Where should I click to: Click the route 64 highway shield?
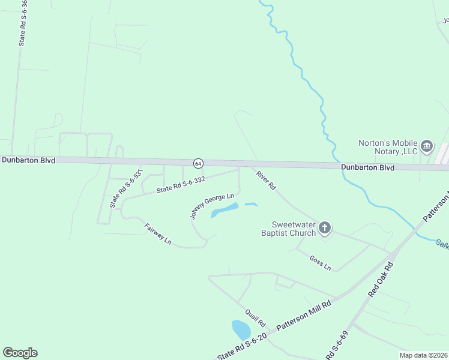pyautogui.click(x=198, y=163)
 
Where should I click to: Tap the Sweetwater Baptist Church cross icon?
pyautogui.click(x=325, y=227)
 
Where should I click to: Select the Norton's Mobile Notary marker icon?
pyautogui.click(x=427, y=146)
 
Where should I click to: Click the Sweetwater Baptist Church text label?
pyautogui.click(x=289, y=229)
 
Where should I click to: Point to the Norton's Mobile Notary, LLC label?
pyautogui.click(x=388, y=147)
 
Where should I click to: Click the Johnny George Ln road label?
pyautogui.click(x=212, y=205)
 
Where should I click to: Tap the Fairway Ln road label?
pyautogui.click(x=158, y=233)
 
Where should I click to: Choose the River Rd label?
pyautogui.click(x=265, y=181)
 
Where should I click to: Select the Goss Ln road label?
pyautogui.click(x=321, y=262)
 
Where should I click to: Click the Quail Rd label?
pyautogui.click(x=255, y=318)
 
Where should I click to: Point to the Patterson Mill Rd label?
pyautogui.click(x=304, y=317)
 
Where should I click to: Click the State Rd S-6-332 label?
pyautogui.click(x=181, y=184)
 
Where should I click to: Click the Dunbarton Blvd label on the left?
pyautogui.click(x=28, y=160)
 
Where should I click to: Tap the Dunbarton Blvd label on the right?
pyautogui.click(x=367, y=168)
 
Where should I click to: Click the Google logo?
pyautogui.click(x=20, y=353)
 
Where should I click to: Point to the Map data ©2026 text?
pyautogui.click(x=423, y=355)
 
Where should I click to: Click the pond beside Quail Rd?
pyautogui.click(x=241, y=329)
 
